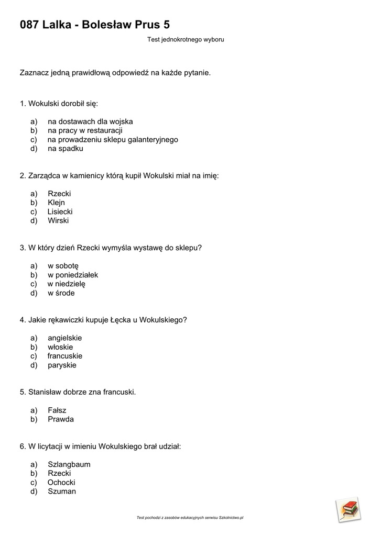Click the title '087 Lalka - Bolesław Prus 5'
pos(95,25)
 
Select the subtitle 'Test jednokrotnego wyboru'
pos(186,39)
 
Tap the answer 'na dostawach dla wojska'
pos(90,121)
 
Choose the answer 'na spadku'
pos(66,148)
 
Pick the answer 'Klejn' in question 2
pos(57,203)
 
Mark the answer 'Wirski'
pos(58,220)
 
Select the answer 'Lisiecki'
pos(60,211)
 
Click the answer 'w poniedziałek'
pos(73,275)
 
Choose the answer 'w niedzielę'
pos(67,284)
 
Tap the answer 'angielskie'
pos(65,338)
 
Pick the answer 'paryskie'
pos(62,365)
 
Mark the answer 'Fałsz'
pos(57,410)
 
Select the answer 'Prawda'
pos(61,419)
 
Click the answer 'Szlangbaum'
pos(69,464)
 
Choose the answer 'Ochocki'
pos(61,482)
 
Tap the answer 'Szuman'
pos(62,491)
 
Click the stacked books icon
pos(348,509)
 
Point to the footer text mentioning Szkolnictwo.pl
pos(190,518)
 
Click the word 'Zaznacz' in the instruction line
pos(34,73)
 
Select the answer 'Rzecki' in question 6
pos(59,473)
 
